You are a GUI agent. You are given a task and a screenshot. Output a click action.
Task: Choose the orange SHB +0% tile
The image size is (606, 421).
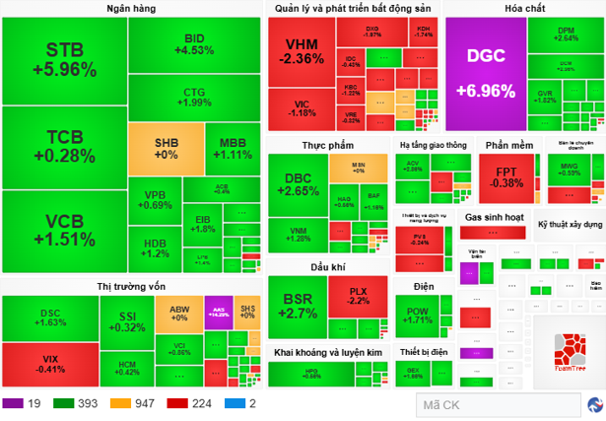[x=166, y=147]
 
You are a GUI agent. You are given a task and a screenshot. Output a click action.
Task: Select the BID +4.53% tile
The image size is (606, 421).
[x=194, y=44]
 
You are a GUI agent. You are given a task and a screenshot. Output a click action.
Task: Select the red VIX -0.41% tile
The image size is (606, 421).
[x=49, y=364]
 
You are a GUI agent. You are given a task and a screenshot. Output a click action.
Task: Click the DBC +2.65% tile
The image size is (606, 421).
[x=300, y=183]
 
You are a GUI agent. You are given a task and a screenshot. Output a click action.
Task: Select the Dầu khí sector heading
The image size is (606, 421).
[x=328, y=267]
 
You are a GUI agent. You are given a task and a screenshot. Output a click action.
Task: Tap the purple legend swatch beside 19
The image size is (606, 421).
[x=14, y=404]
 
